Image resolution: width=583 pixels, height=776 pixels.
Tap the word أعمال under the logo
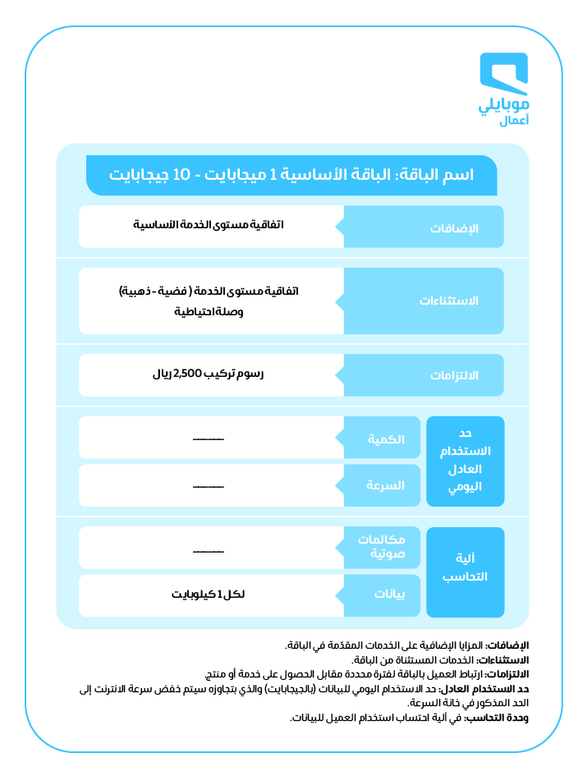coord(515,122)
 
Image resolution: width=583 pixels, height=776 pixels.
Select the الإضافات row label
coord(454,227)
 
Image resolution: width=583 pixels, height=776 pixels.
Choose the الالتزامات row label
coord(454,375)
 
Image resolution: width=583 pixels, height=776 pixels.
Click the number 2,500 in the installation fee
coord(189,374)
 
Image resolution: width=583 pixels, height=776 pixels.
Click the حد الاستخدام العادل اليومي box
coord(465,461)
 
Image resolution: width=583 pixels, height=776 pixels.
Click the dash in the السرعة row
coord(208,486)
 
